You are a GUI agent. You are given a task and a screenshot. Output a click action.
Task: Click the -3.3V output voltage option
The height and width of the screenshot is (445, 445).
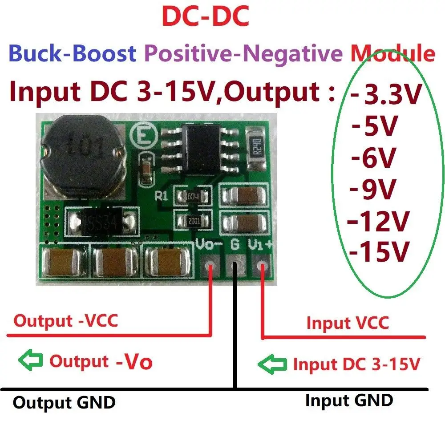pos(385,95)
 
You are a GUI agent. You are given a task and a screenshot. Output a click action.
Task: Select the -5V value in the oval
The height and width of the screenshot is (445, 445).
pos(374,127)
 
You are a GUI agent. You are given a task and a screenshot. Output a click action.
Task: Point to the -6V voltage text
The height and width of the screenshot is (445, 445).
pos(374,158)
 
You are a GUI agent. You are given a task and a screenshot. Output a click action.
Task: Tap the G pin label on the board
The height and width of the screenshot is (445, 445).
pos(235,244)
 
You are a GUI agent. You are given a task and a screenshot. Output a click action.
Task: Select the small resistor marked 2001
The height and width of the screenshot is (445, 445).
pos(194,220)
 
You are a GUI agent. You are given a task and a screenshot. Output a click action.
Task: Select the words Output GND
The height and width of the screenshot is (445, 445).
pos(64,402)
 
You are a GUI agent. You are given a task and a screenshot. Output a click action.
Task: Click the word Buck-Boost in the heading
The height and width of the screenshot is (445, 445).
pos(72,53)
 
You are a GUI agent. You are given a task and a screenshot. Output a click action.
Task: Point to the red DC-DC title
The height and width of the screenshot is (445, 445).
pos(205,18)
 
